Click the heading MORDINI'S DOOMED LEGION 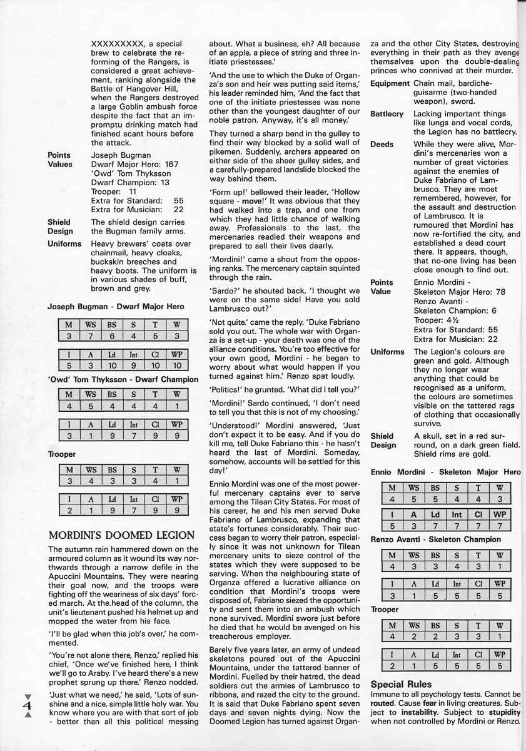click(x=121, y=534)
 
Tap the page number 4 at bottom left click(x=28, y=705)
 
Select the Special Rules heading click(x=401, y=684)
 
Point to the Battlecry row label click(x=387, y=114)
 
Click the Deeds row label click(x=382, y=144)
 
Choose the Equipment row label click(x=390, y=83)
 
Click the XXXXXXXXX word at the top click(x=119, y=44)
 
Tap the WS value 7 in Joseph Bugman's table click(x=90, y=336)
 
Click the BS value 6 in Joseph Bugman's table click(x=112, y=336)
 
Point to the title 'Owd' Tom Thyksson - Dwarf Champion click(x=123, y=379)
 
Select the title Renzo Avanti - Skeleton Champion click(x=435, y=539)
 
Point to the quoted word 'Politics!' click(x=230, y=389)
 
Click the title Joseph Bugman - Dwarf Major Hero click(x=116, y=307)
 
